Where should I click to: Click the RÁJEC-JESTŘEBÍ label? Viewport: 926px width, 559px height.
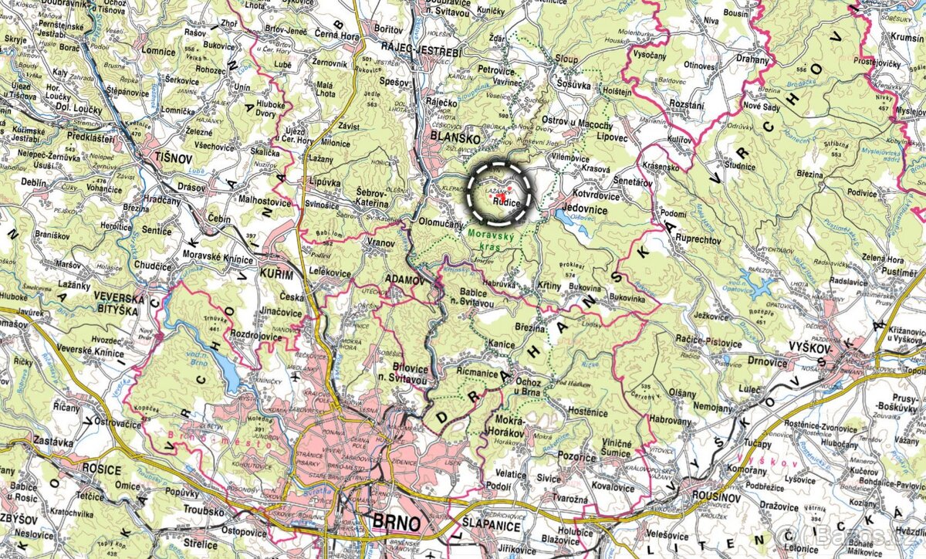pyautogui.click(x=421, y=51)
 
